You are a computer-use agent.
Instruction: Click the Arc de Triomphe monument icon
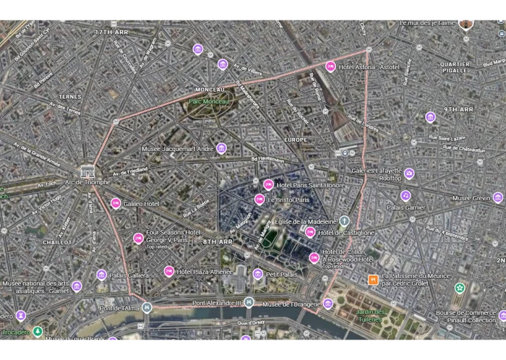click(x=87, y=171)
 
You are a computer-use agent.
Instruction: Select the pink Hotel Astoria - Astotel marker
click(x=331, y=67)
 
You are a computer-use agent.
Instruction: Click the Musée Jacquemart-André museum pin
click(x=221, y=148)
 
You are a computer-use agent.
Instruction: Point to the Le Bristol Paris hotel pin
click(x=260, y=200)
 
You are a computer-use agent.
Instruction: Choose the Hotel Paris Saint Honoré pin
click(x=268, y=185)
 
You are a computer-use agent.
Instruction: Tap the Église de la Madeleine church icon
click(x=343, y=222)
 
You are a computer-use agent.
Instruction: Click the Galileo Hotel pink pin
click(x=116, y=204)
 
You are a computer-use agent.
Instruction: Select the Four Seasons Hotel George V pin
click(x=138, y=238)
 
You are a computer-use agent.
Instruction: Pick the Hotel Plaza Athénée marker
click(x=169, y=271)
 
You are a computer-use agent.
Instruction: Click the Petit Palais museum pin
click(x=258, y=274)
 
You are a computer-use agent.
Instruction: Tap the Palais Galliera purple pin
click(x=101, y=275)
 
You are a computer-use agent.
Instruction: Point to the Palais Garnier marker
click(x=405, y=196)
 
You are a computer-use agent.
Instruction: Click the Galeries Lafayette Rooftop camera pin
click(x=409, y=174)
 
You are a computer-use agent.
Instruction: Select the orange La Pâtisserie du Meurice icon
click(x=373, y=280)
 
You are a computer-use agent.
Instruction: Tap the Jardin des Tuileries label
click(x=369, y=315)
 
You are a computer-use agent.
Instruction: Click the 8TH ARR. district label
click(x=218, y=242)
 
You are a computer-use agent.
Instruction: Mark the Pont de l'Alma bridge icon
click(x=148, y=308)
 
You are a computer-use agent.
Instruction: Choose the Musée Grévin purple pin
click(x=497, y=198)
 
